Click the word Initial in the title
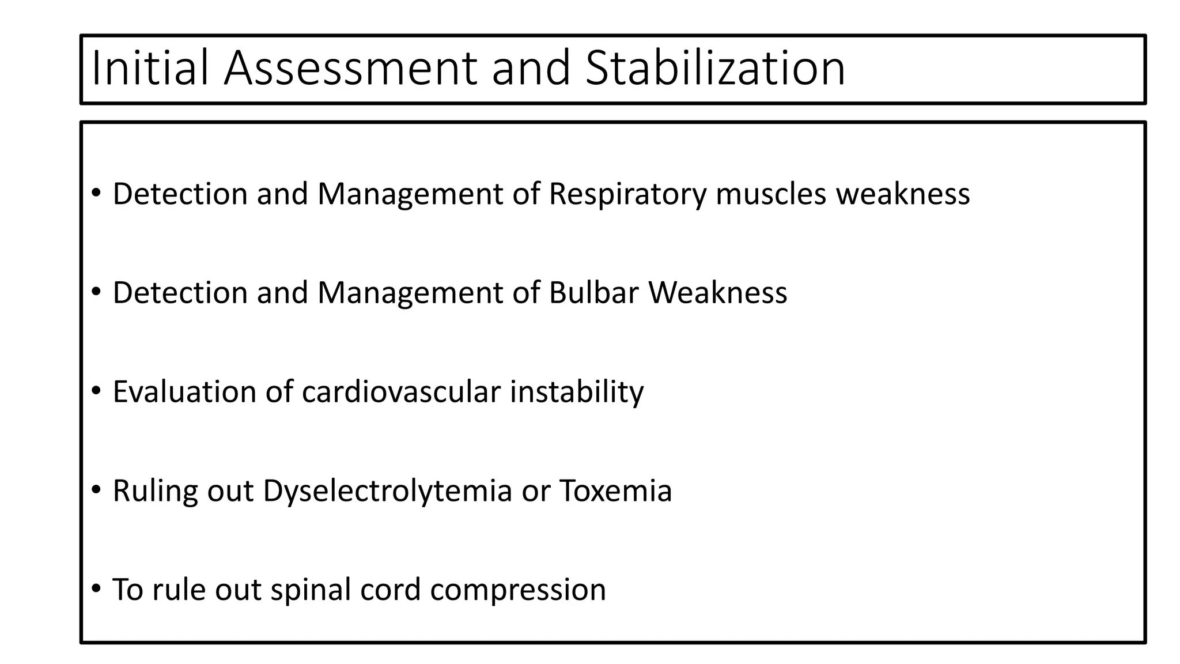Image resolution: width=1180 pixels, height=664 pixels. click(149, 68)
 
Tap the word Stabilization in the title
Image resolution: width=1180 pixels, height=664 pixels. click(715, 68)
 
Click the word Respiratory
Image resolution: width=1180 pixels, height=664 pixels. click(627, 194)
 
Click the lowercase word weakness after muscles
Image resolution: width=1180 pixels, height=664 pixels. click(903, 194)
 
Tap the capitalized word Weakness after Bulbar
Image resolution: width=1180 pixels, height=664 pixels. click(717, 293)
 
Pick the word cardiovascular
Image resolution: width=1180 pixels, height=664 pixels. click(401, 392)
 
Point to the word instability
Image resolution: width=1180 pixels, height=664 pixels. click(576, 392)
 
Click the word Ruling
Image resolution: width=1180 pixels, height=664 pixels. click(154, 491)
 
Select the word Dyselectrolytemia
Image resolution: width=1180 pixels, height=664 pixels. click(387, 491)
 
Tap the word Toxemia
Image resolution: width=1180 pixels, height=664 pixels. click(615, 491)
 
